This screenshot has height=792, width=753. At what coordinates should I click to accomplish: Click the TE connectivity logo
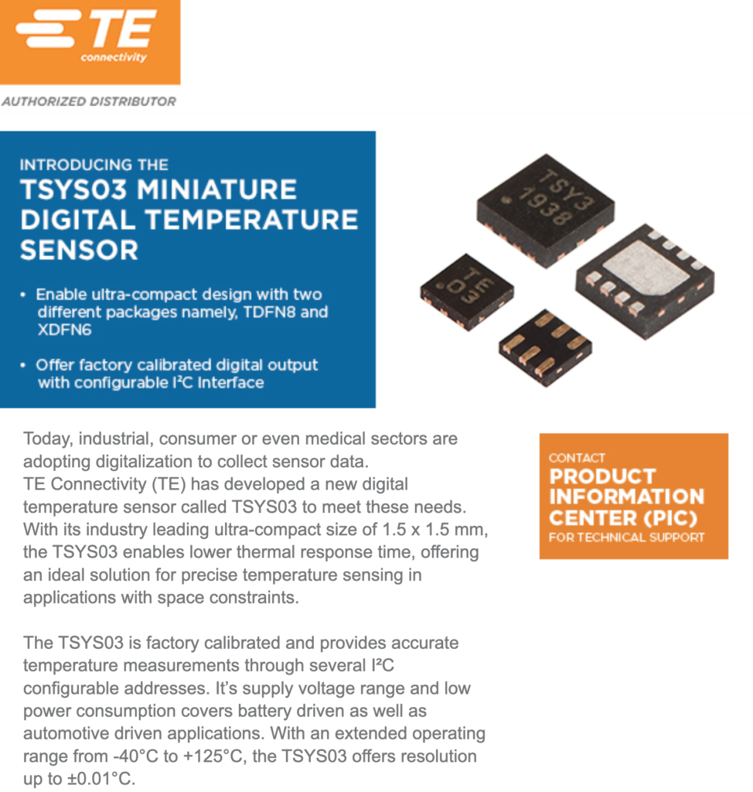coord(90,42)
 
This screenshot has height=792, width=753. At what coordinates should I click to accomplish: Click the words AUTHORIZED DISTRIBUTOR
coord(89,101)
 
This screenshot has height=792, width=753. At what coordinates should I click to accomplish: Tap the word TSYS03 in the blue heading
coord(73,189)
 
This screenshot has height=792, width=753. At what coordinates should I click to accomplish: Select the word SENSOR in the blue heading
coord(80,250)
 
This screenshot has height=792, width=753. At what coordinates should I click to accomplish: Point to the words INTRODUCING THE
coord(94,165)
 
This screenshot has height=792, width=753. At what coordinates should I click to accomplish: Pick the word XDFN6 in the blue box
coord(64,329)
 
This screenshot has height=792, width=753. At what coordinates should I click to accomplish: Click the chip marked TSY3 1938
coord(546,210)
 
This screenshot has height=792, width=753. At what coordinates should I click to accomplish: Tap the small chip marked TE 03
coord(467,292)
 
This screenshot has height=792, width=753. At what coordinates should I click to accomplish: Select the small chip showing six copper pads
coord(545,348)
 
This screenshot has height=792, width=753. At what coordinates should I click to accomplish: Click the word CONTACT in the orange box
coord(577,458)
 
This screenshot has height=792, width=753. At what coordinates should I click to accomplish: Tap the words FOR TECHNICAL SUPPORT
coord(626,538)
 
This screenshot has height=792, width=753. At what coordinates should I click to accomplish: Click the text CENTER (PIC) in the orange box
coord(623,517)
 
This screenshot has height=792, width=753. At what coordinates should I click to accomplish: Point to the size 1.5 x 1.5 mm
coord(434,529)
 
